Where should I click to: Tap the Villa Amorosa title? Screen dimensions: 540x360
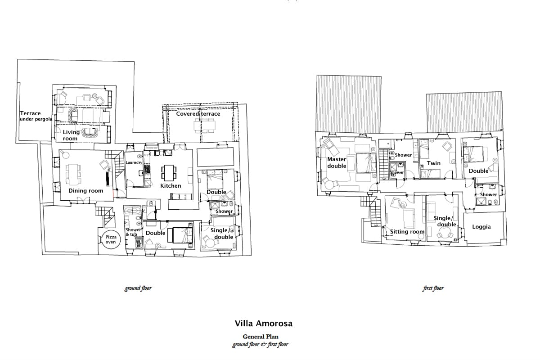pos(264,324)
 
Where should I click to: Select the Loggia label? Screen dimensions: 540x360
pos(481,227)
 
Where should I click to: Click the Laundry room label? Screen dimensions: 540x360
pos(134,162)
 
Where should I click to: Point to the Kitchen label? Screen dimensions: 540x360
pos(171,186)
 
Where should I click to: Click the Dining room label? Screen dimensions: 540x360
pos(85,191)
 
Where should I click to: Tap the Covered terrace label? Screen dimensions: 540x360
pos(198,113)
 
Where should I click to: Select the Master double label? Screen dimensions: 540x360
pos(337,162)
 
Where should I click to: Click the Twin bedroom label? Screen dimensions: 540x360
pos(434,163)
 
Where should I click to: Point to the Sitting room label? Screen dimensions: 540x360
pos(407,232)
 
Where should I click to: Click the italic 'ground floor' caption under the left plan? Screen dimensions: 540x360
pos(138,288)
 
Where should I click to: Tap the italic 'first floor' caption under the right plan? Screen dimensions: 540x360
pos(433,288)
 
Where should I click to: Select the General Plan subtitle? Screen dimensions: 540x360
pos(261,337)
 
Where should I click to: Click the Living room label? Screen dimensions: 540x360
pos(71,135)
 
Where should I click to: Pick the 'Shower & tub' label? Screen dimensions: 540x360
pos(133,232)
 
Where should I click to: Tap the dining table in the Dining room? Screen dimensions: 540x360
pos(73,174)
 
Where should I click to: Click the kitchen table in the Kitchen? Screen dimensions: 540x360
pos(169,173)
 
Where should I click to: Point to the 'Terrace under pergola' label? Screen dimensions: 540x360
pos(36,116)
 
